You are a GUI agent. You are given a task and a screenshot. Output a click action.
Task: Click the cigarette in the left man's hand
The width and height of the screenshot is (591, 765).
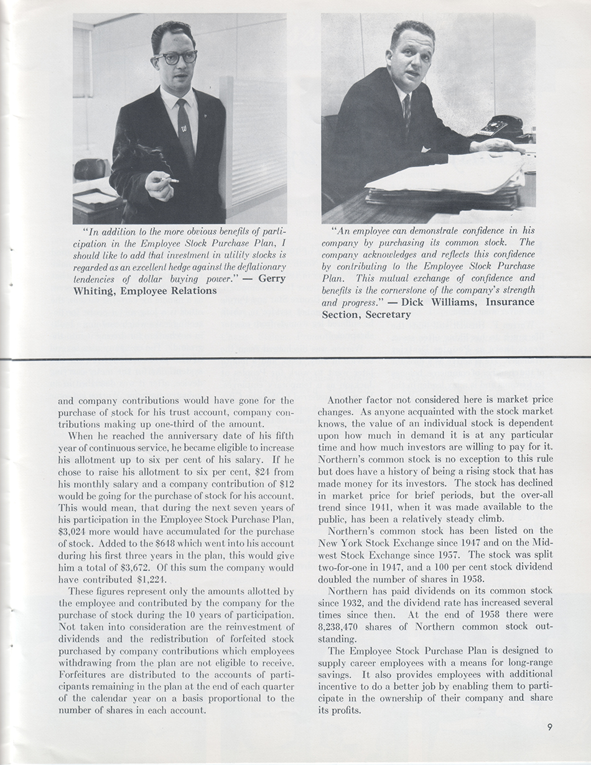pyautogui.click(x=169, y=180)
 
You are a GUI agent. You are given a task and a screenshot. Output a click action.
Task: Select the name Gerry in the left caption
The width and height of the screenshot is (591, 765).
pyautogui.click(x=272, y=279)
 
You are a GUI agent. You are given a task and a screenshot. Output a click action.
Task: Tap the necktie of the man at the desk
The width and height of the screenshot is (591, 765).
pyautogui.click(x=407, y=112)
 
